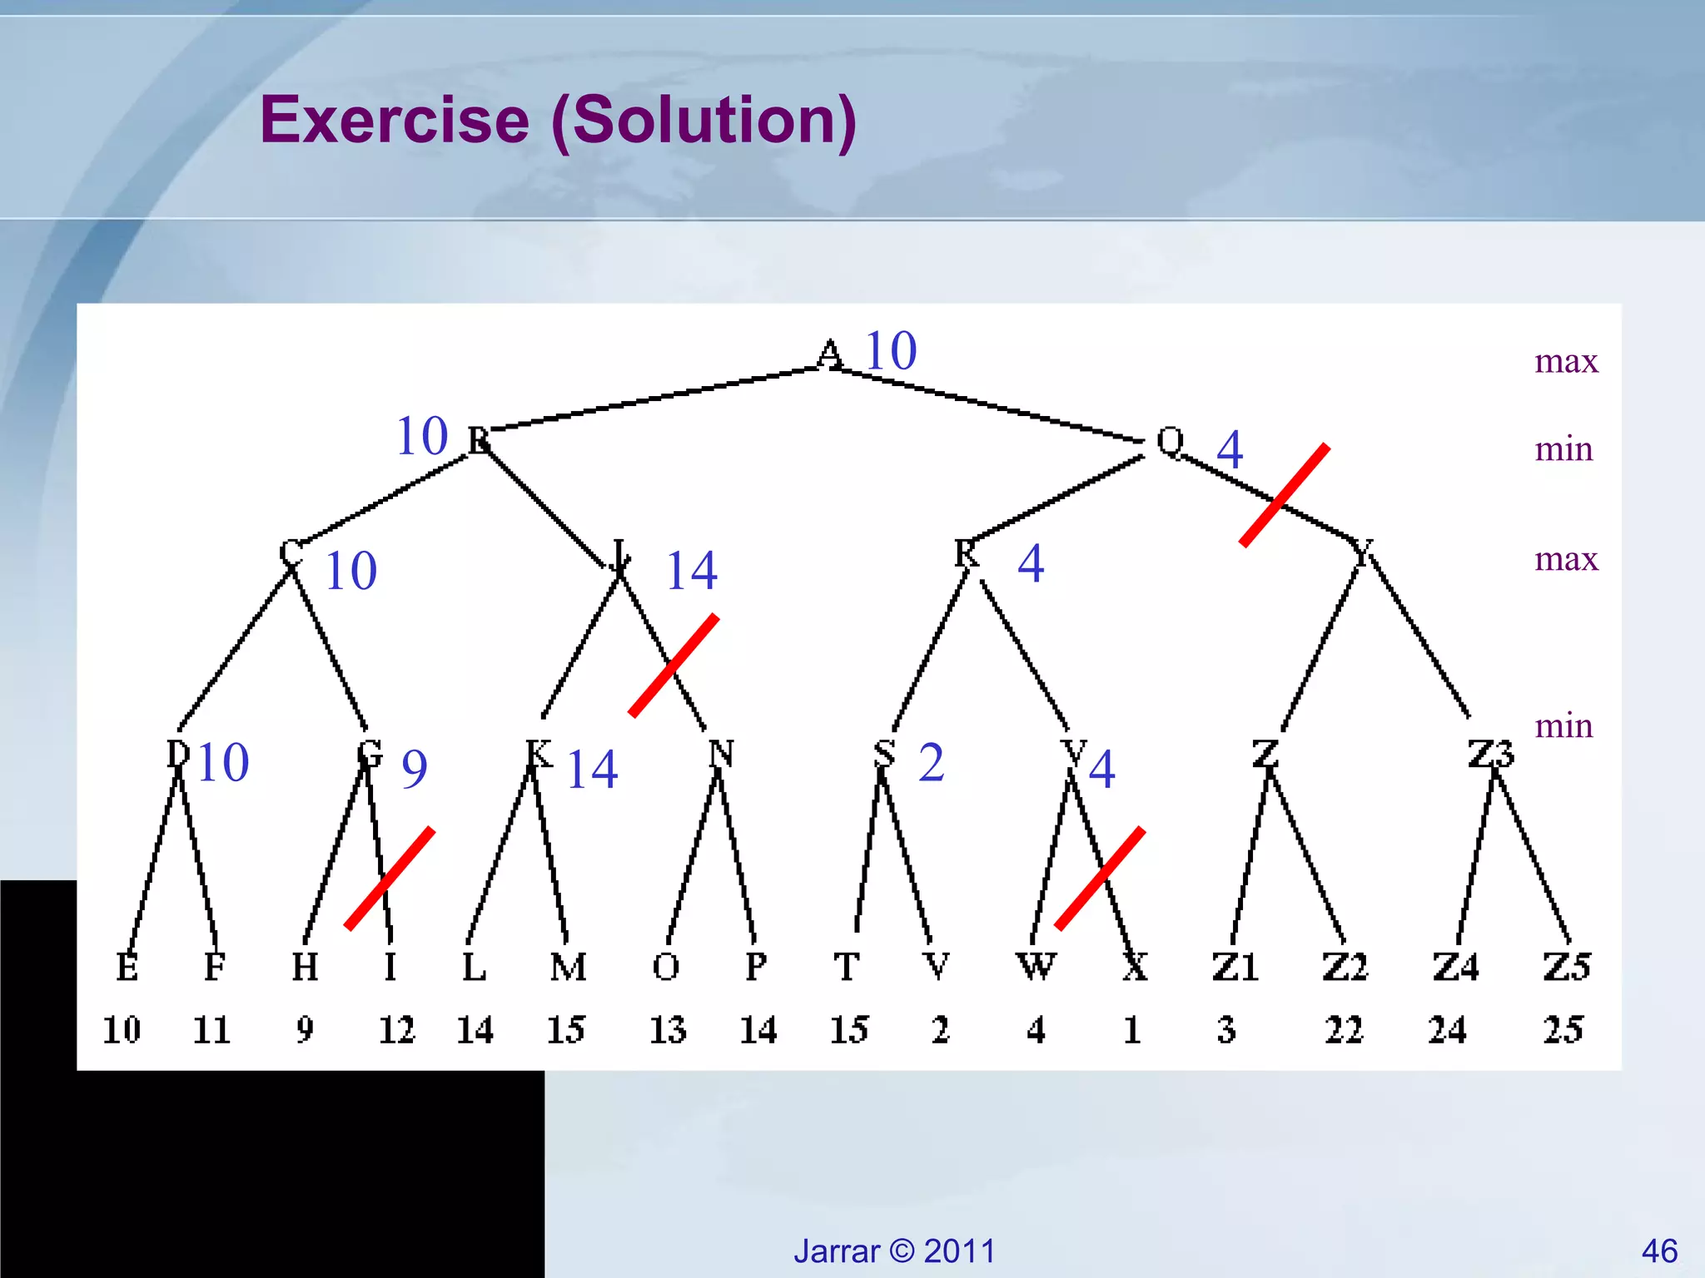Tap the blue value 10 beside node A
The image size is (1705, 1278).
click(x=891, y=350)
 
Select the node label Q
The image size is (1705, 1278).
click(x=1170, y=442)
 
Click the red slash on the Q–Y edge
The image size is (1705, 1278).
click(x=1285, y=496)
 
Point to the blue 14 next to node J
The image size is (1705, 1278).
click(x=691, y=571)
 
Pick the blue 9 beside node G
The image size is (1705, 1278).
click(x=415, y=769)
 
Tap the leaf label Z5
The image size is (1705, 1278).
click(x=1566, y=967)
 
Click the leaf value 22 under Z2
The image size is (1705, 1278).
click(x=1344, y=1030)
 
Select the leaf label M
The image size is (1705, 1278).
click(x=568, y=967)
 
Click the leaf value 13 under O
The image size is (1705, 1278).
click(x=667, y=1030)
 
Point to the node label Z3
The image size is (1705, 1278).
click(x=1490, y=754)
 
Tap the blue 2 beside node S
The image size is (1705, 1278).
click(x=932, y=762)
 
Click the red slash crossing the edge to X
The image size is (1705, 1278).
click(x=1100, y=878)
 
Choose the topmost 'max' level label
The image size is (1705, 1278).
click(x=1566, y=361)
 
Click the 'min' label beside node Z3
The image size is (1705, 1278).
click(x=1563, y=726)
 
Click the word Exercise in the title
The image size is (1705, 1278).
click(x=395, y=120)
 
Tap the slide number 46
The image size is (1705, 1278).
click(x=1659, y=1251)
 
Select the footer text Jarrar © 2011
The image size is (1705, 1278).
click(x=894, y=1251)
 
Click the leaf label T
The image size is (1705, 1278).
click(x=846, y=967)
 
